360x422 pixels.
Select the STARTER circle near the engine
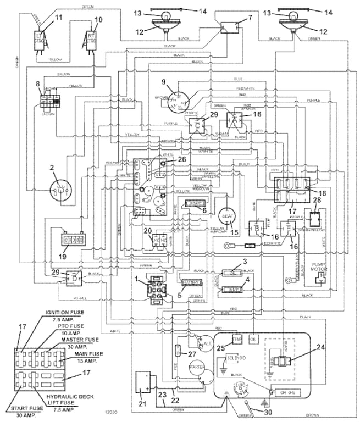coord(197,368)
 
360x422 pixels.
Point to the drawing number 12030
coord(112,410)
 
